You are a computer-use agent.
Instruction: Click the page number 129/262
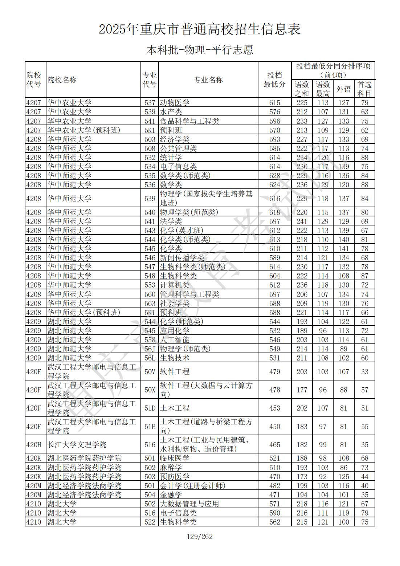[x=200, y=537]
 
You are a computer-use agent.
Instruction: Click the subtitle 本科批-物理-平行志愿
[x=200, y=50]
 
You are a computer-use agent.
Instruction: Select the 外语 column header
[x=343, y=89]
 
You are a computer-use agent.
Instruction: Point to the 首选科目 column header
[x=364, y=89]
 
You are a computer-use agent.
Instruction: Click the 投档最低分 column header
[x=274, y=80]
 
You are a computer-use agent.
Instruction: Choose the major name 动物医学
[x=175, y=103]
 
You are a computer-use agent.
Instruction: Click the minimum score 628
[x=274, y=176]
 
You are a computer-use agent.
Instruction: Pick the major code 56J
[x=150, y=349]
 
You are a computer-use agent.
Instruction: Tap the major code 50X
[x=150, y=390]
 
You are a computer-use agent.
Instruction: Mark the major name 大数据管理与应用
[x=189, y=504]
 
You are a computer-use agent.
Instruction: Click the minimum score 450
[x=274, y=427]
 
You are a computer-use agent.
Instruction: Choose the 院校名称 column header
[x=62, y=80]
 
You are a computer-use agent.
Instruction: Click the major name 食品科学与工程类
[x=189, y=121]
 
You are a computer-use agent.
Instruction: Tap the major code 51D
[x=150, y=408]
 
